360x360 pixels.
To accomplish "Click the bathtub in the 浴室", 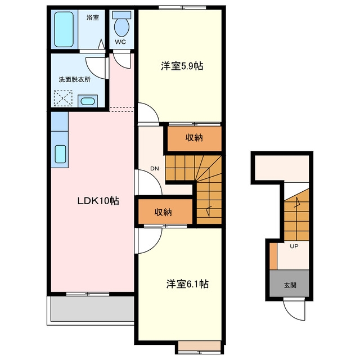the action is point(64,29).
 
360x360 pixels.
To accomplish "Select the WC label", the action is point(120,42).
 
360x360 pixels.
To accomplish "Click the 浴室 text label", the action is point(93,17).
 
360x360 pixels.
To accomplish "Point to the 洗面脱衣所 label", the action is point(75,79).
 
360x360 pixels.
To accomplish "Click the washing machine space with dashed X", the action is point(63,98).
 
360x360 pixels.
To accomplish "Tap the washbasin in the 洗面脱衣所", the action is point(88,101).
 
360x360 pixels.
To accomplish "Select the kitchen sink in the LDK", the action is point(61,154).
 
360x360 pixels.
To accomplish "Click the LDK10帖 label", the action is point(98,201).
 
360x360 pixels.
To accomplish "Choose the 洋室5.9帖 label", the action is point(182,66).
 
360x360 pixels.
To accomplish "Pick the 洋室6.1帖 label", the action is point(187,284).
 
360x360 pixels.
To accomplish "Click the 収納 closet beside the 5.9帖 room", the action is point(194,139).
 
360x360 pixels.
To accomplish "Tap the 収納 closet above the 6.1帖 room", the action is point(165,211).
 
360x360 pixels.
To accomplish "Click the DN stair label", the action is point(155,169).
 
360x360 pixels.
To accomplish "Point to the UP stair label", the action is point(294,246).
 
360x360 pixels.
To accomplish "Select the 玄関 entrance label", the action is point(290,285).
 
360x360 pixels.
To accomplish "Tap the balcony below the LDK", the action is point(92,309).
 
